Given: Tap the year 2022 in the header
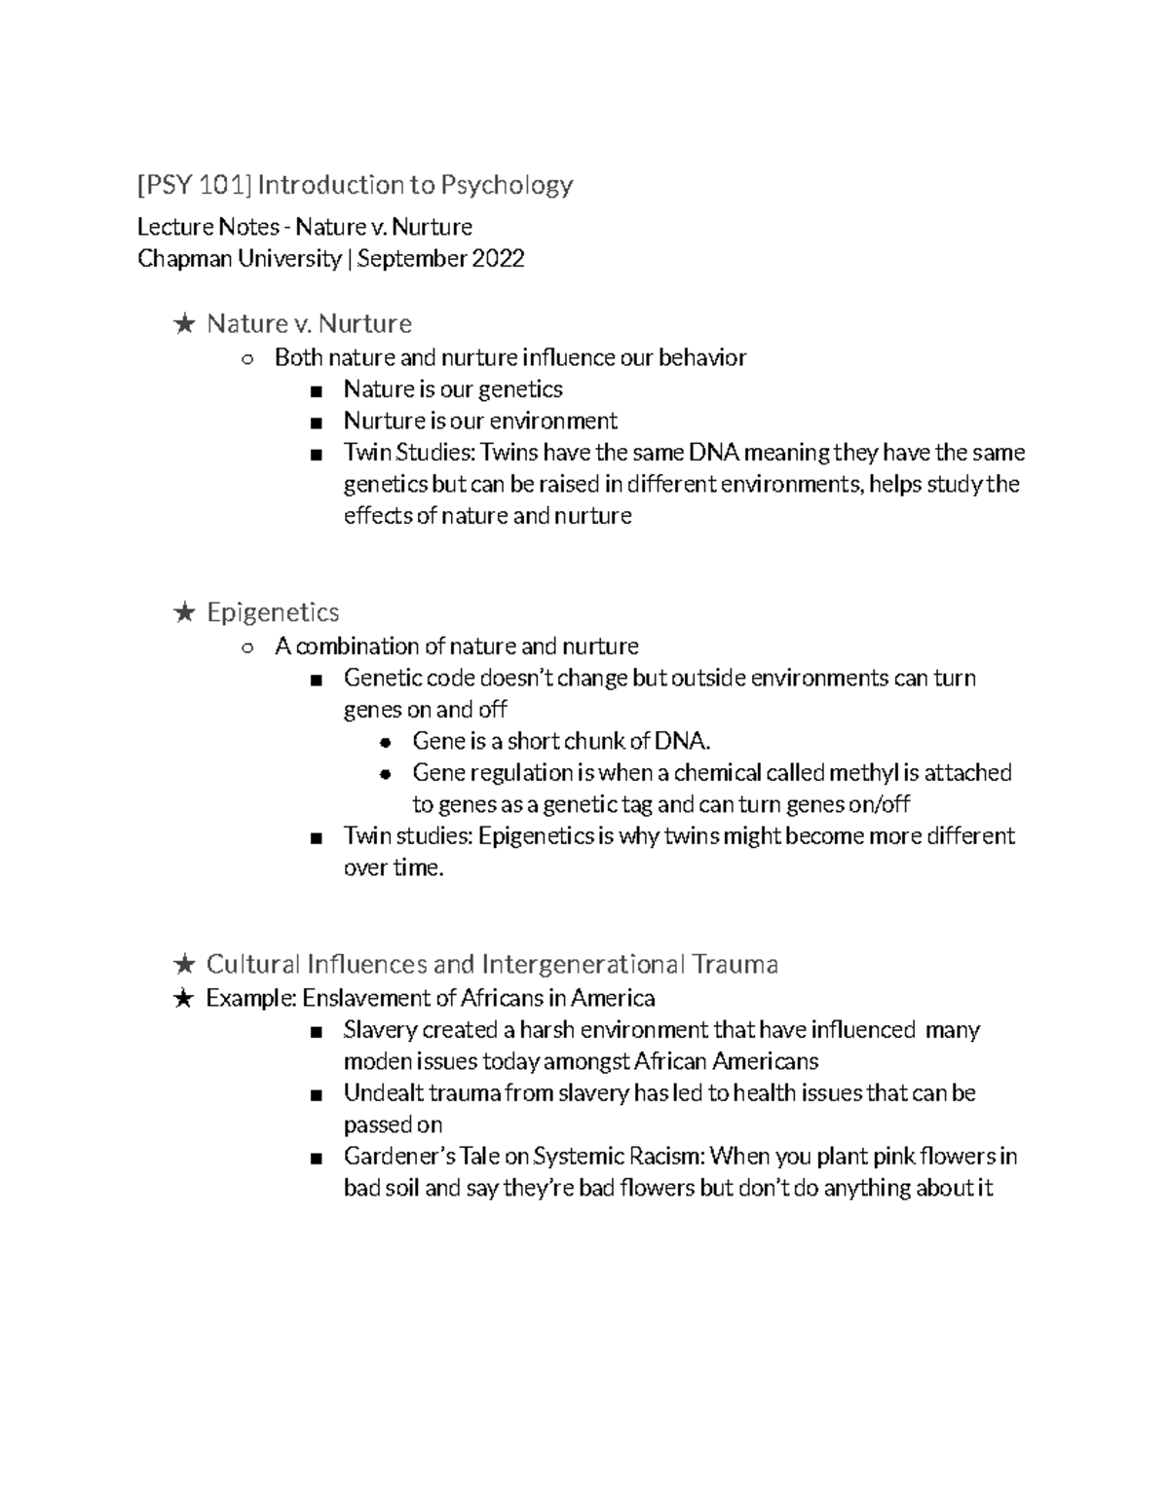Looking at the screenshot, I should (x=498, y=259).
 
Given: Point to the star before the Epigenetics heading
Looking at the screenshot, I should (x=183, y=612).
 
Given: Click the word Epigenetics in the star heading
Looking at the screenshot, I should (x=273, y=612).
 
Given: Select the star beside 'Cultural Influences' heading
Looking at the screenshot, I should (x=183, y=965).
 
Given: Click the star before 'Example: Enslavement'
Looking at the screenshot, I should (x=183, y=999).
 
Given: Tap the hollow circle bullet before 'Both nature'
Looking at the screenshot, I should (x=247, y=359).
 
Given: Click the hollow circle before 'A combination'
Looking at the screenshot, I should (x=247, y=647).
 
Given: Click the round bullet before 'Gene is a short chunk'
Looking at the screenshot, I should (x=386, y=742).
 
